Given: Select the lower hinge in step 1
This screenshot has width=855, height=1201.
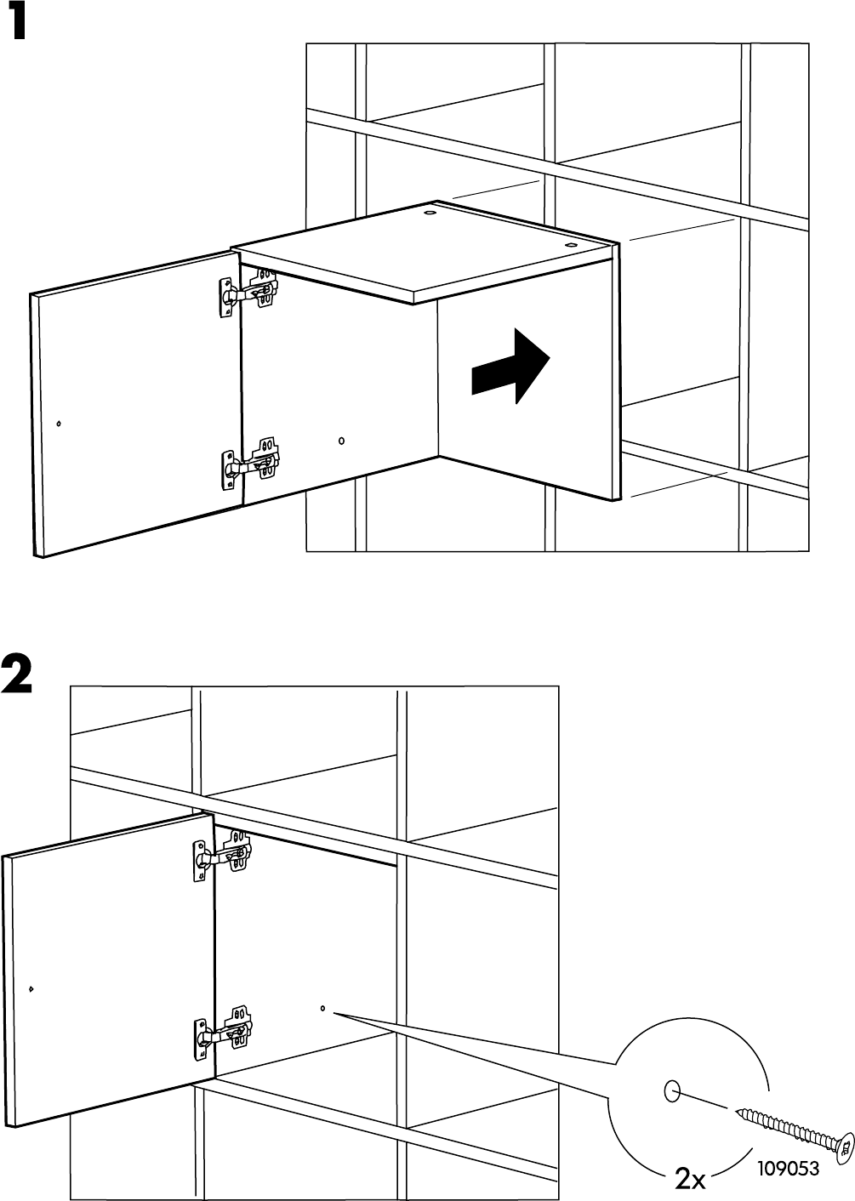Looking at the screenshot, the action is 248,464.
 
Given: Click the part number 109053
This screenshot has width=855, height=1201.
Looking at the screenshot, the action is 785,1170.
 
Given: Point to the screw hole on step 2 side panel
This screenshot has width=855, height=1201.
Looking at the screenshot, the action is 322,1009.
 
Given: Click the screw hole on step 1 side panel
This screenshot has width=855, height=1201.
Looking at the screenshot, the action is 341,441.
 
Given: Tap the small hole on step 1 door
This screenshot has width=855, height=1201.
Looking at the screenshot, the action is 58,423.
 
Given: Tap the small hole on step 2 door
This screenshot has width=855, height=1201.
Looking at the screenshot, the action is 31,988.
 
